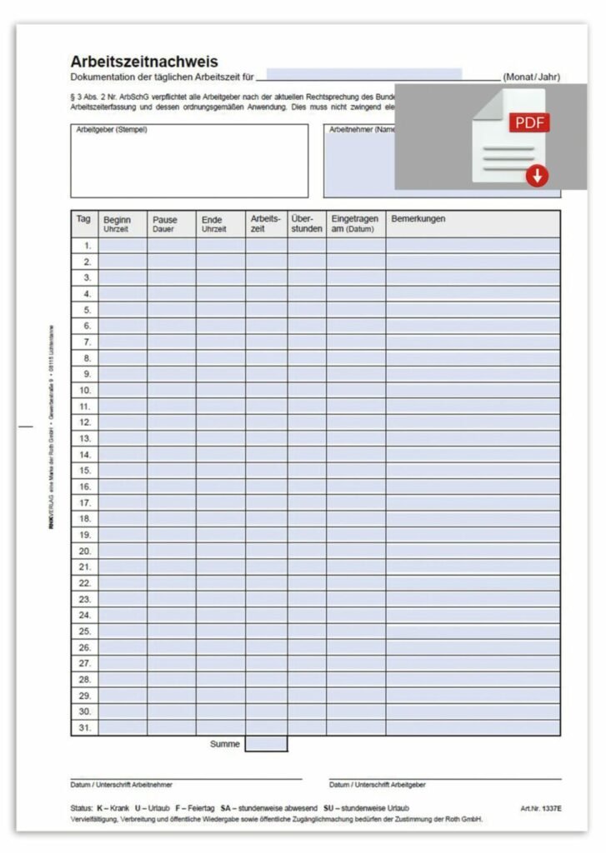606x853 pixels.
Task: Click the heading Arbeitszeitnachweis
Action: (144, 62)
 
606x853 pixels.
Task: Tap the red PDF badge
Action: (529, 123)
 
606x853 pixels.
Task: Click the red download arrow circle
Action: (538, 175)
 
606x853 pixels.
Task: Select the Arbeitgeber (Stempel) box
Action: (189, 161)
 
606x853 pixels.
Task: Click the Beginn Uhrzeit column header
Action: (123, 223)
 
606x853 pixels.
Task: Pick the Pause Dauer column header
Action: (172, 223)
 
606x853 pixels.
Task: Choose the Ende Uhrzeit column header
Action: (220, 223)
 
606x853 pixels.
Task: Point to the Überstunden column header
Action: (307, 223)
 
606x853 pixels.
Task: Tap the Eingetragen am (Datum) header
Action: (355, 223)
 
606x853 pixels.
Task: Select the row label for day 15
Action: (85, 471)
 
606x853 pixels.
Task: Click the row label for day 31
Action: (85, 727)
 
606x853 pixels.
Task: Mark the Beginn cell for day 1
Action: (123, 246)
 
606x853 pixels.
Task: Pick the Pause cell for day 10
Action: (172, 390)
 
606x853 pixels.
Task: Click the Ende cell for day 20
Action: (220, 551)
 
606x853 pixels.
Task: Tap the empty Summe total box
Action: (266, 744)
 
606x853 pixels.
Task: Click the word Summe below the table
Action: (225, 744)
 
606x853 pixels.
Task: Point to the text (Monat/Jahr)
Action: (531, 77)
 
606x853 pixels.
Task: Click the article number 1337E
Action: (541, 809)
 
